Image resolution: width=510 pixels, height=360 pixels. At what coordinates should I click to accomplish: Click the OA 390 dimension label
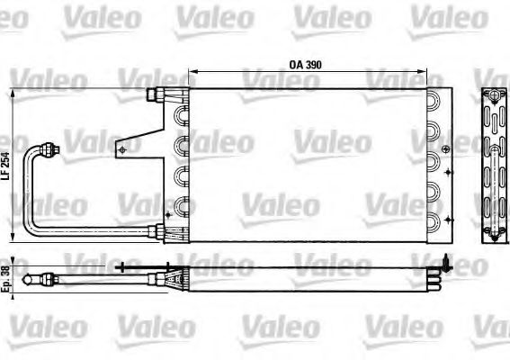(306, 65)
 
